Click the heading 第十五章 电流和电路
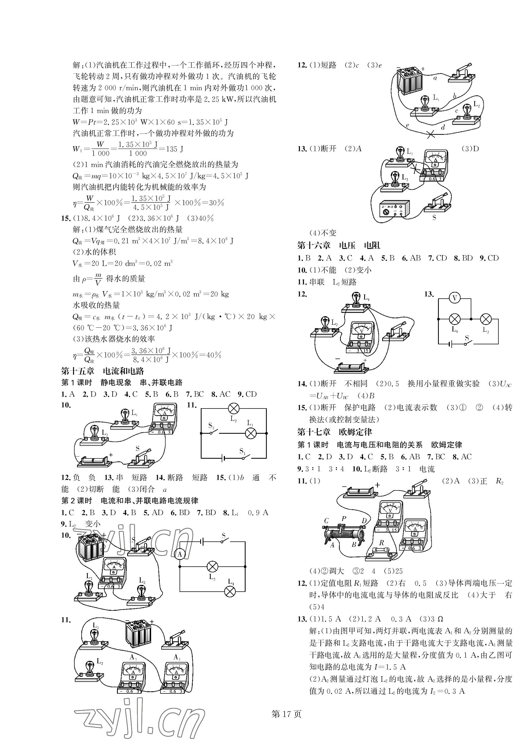[103, 371]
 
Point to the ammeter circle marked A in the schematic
[180, 555]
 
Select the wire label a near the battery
[435, 78]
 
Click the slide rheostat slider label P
[344, 519]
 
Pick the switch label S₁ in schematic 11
[242, 451]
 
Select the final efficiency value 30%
[217, 203]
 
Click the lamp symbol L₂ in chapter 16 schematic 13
[486, 319]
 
